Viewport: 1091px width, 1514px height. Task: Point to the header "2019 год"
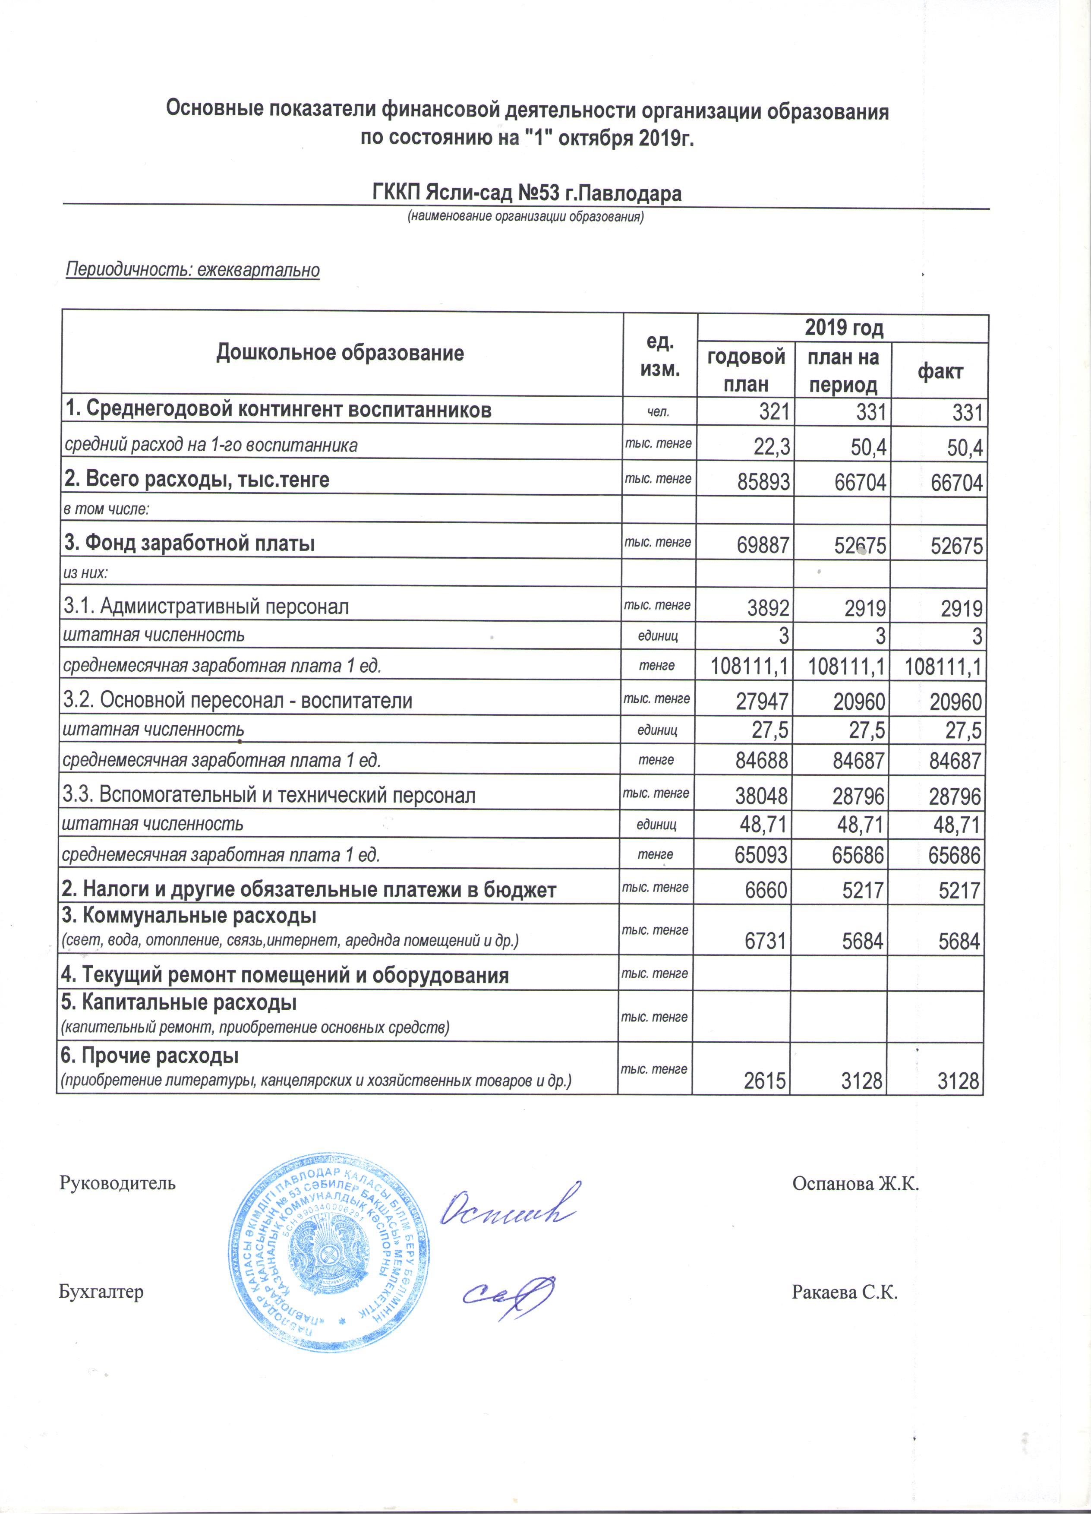(843, 328)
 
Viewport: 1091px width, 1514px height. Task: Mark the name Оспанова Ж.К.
(855, 1184)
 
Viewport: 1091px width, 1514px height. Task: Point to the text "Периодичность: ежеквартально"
(193, 270)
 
